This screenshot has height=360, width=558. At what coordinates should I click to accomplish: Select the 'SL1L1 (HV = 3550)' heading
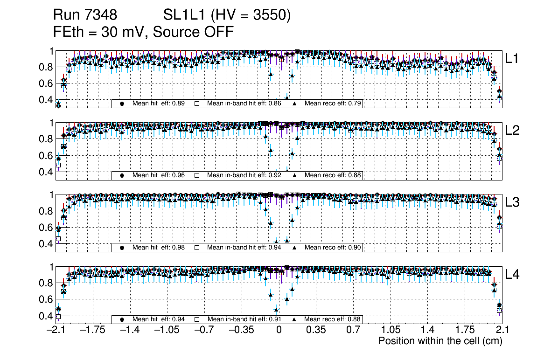(227, 15)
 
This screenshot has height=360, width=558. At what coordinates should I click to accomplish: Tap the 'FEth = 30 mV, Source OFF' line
(143, 32)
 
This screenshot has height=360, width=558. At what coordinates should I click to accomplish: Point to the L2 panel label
(512, 131)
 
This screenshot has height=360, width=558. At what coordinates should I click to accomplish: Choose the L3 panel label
(512, 202)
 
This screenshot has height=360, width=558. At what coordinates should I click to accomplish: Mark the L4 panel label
(512, 275)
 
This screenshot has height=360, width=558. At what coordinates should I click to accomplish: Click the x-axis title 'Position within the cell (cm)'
(440, 341)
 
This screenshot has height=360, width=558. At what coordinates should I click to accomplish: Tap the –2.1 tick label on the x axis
(56, 331)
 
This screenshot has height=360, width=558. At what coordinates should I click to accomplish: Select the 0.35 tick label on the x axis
(316, 331)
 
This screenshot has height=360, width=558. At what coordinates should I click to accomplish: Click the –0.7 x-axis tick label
(204, 331)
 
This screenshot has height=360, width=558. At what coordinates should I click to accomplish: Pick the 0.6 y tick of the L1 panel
(46, 83)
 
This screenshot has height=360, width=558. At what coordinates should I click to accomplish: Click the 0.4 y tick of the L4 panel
(46, 316)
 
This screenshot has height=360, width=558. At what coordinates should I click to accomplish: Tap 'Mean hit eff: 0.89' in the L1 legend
(159, 103)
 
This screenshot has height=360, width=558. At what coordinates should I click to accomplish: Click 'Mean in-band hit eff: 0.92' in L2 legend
(244, 175)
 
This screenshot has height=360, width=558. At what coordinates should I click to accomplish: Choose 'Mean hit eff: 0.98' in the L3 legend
(159, 247)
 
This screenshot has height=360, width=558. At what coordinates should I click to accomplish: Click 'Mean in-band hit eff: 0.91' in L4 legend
(244, 319)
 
